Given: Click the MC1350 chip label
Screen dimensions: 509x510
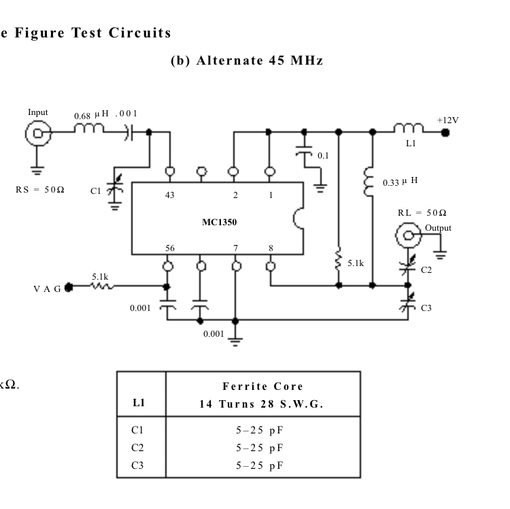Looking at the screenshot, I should [219, 221].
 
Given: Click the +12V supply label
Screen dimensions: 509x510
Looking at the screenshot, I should [447, 120].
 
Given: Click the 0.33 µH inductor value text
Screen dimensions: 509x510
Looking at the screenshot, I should [400, 182].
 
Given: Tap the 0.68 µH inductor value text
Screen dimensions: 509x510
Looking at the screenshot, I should [89, 116].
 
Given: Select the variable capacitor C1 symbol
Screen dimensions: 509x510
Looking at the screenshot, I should [115, 192].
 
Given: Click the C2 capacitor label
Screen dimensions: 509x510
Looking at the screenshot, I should [426, 270].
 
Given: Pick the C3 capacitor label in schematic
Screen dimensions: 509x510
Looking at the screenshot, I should [426, 308].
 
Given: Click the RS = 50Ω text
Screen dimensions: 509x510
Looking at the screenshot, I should [40, 189].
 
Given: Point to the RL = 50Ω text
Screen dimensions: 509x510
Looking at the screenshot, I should [422, 214].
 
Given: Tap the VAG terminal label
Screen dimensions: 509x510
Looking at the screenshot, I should [47, 289].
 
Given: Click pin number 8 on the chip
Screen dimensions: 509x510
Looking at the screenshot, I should [271, 248].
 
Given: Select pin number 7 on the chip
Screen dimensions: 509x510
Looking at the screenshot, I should [235, 248].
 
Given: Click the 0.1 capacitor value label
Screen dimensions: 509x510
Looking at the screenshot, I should [323, 156].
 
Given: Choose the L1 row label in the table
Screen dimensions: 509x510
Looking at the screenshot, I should [139, 403].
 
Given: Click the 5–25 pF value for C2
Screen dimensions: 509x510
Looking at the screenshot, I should [260, 447].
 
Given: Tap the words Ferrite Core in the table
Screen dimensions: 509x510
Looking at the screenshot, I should [262, 386].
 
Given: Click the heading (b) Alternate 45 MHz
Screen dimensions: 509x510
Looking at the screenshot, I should [246, 61].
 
